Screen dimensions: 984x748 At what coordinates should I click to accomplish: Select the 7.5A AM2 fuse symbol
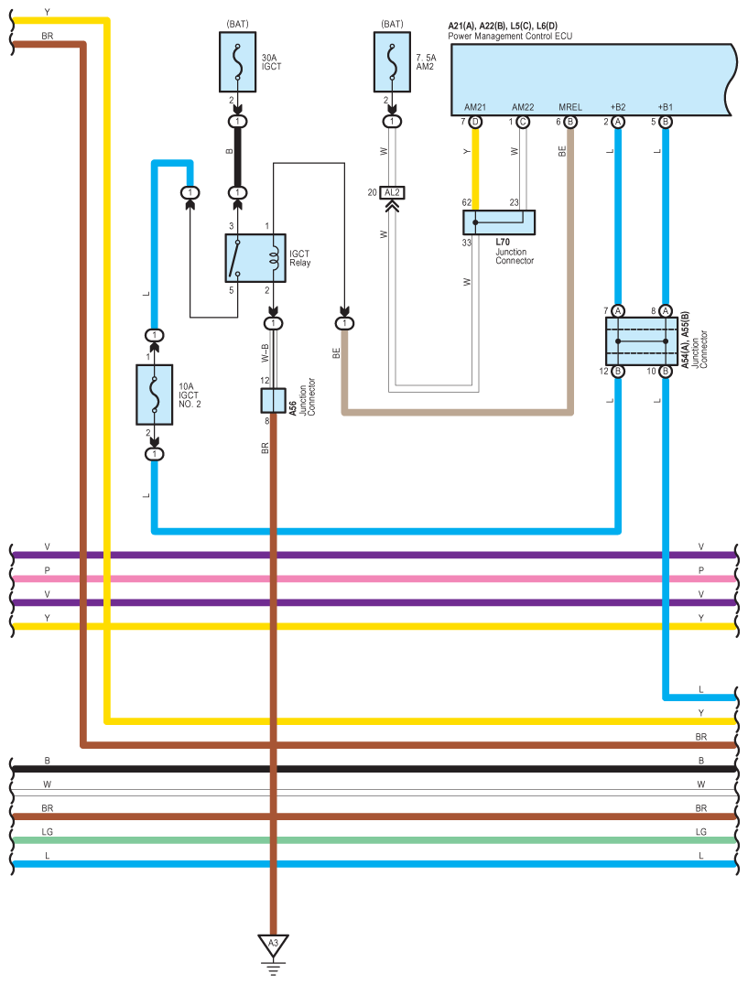pyautogui.click(x=393, y=62)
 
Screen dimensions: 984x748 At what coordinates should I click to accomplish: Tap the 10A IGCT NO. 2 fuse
pyautogui.click(x=155, y=395)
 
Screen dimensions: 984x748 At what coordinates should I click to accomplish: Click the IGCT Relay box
pyautogui.click(x=255, y=257)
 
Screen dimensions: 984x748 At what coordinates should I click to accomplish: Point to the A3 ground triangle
pyautogui.click(x=272, y=944)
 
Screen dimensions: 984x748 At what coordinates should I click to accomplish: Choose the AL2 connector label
pyautogui.click(x=393, y=192)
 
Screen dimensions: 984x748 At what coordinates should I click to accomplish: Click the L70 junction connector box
pyautogui.click(x=499, y=222)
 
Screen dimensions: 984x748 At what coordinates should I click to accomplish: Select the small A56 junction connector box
pyautogui.click(x=273, y=400)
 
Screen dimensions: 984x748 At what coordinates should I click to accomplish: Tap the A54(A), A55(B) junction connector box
pyautogui.click(x=641, y=341)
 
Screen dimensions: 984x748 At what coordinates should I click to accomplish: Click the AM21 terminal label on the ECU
pyautogui.click(x=475, y=107)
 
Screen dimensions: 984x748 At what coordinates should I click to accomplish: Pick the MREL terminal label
pyautogui.click(x=569, y=107)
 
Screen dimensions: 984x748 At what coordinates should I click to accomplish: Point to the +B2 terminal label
pyautogui.click(x=618, y=107)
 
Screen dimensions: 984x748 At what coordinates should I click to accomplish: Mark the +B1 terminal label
pyautogui.click(x=666, y=107)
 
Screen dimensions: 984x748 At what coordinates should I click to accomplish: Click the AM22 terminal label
pyautogui.click(x=523, y=107)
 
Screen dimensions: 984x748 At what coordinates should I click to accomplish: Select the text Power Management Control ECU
pyautogui.click(x=510, y=36)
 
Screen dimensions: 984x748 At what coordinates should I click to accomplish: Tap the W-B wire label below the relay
pyautogui.click(x=264, y=352)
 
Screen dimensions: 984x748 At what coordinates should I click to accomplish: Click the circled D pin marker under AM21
pyautogui.click(x=475, y=122)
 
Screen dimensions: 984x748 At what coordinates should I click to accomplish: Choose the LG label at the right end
pyautogui.click(x=701, y=832)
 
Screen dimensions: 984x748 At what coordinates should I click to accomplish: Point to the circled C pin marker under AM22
pyautogui.click(x=523, y=122)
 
